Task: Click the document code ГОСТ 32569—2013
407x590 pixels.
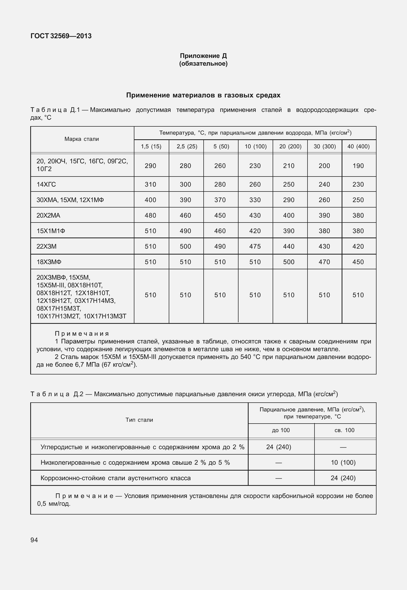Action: point(61,36)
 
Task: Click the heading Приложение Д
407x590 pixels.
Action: point(203,56)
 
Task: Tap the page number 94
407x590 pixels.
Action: point(34,540)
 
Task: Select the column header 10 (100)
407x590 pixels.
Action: point(255,147)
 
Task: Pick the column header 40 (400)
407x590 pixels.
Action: point(358,147)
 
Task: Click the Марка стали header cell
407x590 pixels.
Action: point(82,139)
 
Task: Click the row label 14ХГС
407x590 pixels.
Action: point(46,184)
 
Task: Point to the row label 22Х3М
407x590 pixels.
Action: point(47,246)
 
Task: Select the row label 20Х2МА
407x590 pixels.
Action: point(48,215)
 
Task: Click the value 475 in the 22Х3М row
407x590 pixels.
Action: point(255,246)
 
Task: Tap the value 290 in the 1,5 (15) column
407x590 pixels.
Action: point(150,166)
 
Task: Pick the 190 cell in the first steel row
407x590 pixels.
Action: point(358,166)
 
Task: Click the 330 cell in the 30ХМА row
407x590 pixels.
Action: point(255,200)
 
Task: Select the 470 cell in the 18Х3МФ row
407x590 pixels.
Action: point(324,262)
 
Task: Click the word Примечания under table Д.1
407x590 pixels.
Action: point(82,334)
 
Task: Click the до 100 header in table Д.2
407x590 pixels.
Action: point(281,430)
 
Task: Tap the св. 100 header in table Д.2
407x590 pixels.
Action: point(344,430)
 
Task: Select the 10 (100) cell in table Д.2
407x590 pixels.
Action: point(343,462)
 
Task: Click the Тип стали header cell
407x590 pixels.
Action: point(139,420)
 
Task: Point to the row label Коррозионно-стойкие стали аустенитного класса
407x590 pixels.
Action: point(116,478)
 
